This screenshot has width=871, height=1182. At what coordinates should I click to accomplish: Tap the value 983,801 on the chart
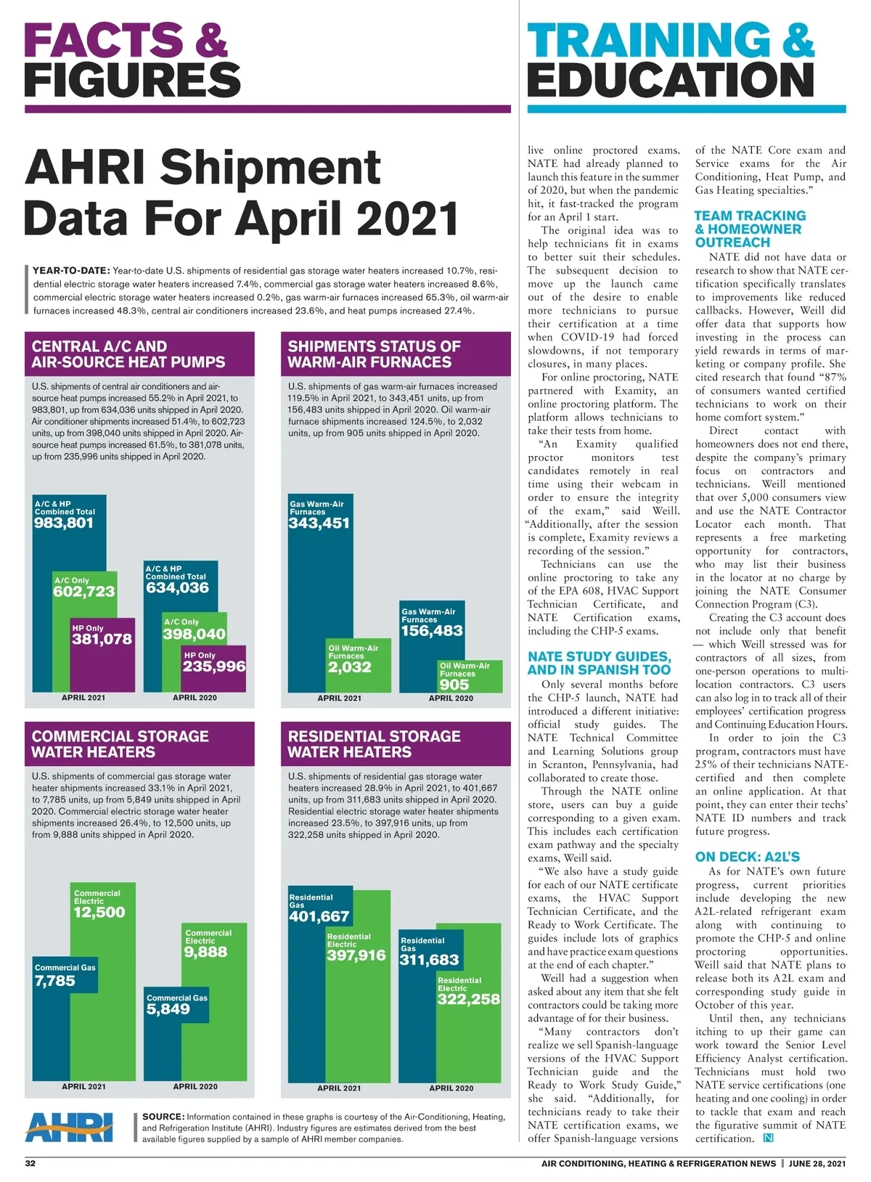pyautogui.click(x=64, y=523)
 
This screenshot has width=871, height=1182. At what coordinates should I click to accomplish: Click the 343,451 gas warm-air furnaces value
pyautogui.click(x=319, y=523)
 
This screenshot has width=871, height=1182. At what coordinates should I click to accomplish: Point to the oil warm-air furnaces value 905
pyautogui.click(x=454, y=684)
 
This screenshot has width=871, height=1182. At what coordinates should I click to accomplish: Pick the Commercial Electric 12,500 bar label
pyautogui.click(x=99, y=912)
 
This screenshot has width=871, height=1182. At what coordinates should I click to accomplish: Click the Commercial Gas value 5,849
pyautogui.click(x=168, y=1008)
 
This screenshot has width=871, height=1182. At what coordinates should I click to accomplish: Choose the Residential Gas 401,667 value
pyautogui.click(x=319, y=916)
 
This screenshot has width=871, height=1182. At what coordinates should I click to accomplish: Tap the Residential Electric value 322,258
pyautogui.click(x=468, y=999)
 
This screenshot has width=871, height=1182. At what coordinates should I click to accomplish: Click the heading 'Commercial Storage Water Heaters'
pyautogui.click(x=120, y=743)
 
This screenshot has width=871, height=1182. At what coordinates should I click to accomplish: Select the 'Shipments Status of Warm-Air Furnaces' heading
pyautogui.click(x=374, y=354)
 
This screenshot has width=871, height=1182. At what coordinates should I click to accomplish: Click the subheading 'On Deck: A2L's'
pyautogui.click(x=747, y=856)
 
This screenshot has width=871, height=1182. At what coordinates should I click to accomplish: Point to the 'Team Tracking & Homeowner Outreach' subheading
pyautogui.click(x=749, y=229)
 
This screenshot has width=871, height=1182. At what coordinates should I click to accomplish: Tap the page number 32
pyautogui.click(x=30, y=1163)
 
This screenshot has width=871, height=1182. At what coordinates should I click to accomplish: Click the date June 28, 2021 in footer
pyautogui.click(x=817, y=1163)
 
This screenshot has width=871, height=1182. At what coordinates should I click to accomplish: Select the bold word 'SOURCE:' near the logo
pyautogui.click(x=163, y=1117)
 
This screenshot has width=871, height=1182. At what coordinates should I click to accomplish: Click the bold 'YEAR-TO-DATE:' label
pyautogui.click(x=71, y=271)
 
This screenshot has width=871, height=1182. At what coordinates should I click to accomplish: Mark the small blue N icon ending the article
pyautogui.click(x=768, y=1138)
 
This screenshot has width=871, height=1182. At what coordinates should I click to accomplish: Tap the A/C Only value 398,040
pyautogui.click(x=195, y=634)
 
